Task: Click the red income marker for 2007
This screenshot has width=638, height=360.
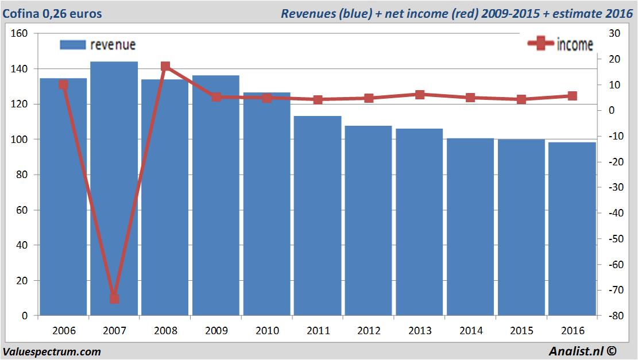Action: coord(114,299)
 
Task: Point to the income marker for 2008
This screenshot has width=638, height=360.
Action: coord(165,67)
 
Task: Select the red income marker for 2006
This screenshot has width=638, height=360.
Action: coord(63,85)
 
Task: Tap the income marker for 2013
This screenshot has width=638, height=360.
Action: coord(420,95)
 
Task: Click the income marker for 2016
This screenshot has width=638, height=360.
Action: coord(573,96)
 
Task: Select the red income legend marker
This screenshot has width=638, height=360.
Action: coord(540,44)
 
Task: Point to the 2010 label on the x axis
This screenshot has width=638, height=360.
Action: coord(267,331)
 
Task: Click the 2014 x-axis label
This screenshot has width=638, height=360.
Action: coord(470,331)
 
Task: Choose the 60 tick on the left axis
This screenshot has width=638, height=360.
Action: coord(22,210)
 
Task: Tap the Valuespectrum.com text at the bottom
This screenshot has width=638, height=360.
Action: coord(52,351)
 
